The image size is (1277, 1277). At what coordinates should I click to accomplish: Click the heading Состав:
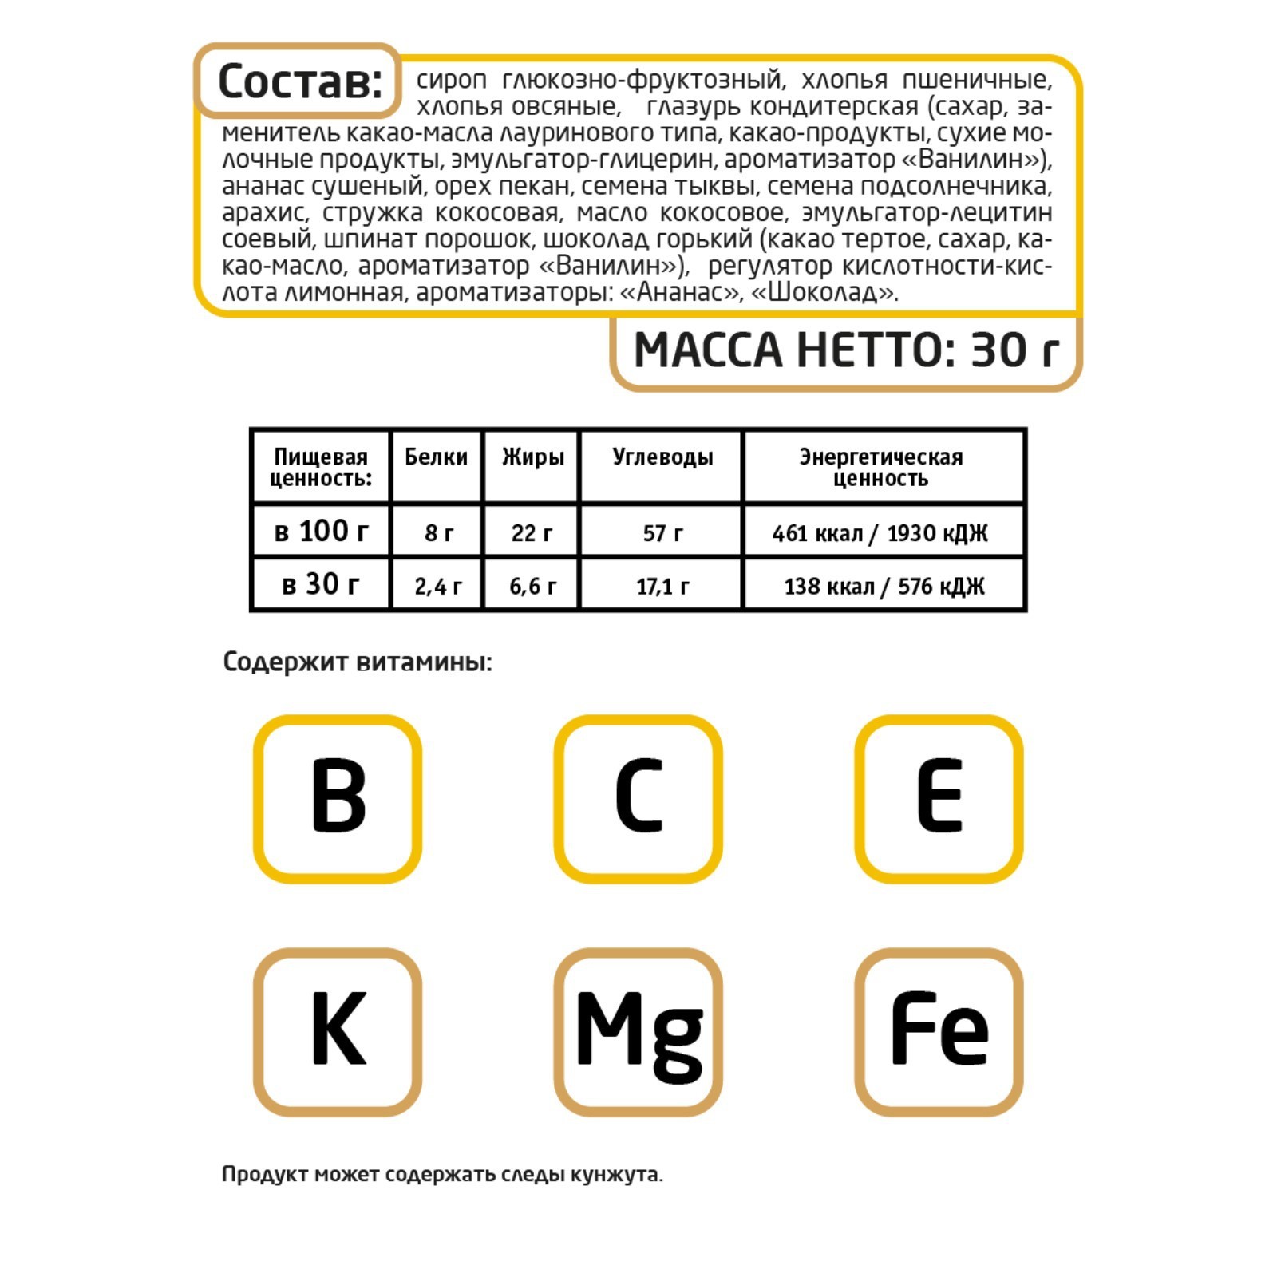[298, 81]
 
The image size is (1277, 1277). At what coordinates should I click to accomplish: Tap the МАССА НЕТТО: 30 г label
[846, 350]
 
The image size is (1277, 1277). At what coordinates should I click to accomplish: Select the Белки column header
[436, 457]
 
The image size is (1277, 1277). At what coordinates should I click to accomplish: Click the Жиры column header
[532, 457]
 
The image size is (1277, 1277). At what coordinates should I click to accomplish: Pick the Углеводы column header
[662, 457]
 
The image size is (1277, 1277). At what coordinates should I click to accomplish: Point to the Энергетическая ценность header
[881, 467]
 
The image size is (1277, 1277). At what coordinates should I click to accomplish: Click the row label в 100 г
[321, 531]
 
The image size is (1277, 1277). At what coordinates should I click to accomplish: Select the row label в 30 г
[321, 584]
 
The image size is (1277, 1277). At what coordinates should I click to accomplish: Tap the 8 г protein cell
[438, 532]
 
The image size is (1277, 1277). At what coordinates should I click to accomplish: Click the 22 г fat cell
[532, 532]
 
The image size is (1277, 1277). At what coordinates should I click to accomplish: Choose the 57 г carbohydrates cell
[662, 532]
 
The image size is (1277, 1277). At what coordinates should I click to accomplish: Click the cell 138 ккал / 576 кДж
[884, 587]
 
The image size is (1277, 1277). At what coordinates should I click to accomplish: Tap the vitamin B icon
[338, 798]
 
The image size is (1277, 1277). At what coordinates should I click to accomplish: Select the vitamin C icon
[638, 798]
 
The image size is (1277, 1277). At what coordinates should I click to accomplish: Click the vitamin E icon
[939, 798]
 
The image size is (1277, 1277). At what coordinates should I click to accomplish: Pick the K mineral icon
[338, 1031]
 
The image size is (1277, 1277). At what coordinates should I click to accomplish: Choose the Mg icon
[638, 1031]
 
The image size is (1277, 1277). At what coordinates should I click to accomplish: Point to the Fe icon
[939, 1031]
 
